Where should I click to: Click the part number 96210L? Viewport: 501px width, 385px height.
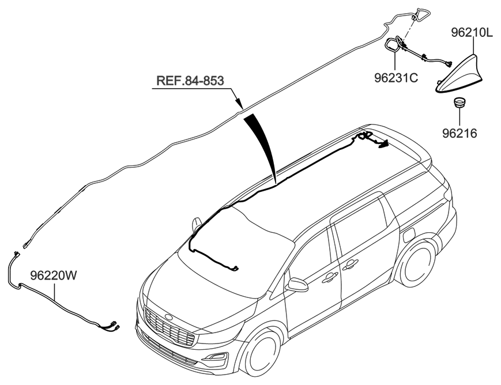pos(471,33)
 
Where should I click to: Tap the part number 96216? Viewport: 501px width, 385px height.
pos(459,134)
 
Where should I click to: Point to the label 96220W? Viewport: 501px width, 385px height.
pos(53,275)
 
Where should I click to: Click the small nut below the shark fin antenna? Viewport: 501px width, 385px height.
pos(459,103)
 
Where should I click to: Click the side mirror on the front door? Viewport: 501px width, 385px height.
pos(298,285)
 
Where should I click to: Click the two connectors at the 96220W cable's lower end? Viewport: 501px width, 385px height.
pos(111,326)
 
